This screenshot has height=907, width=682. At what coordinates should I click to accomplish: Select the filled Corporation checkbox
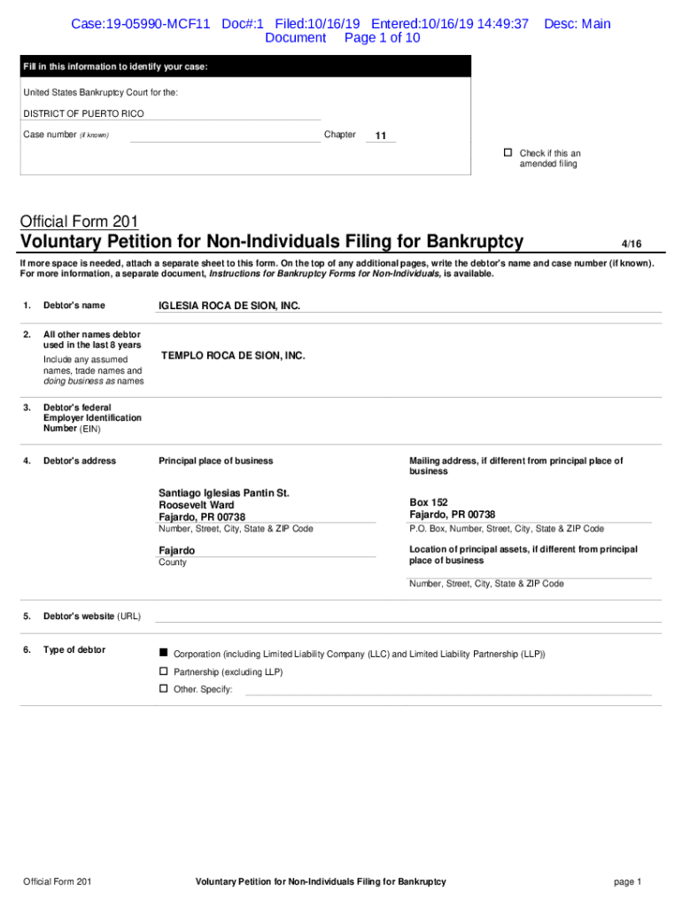[163, 653]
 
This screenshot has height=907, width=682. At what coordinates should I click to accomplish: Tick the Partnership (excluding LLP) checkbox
[163, 671]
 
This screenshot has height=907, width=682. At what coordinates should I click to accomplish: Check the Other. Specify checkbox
[163, 688]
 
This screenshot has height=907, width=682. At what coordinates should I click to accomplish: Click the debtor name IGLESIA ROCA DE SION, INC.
[229, 306]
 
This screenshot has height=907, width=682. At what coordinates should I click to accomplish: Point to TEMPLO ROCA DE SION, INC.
[232, 355]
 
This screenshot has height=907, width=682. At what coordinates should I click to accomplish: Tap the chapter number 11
[380, 136]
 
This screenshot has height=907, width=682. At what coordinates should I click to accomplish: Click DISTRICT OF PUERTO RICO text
[83, 114]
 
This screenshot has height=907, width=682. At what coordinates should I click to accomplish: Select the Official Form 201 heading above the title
[79, 221]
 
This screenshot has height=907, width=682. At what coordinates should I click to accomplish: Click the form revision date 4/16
[631, 243]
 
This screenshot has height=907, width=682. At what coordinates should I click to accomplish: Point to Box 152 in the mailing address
[428, 502]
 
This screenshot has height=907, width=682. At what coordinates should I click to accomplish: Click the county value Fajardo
[176, 551]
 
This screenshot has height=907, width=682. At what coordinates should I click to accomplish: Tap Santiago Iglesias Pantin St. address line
[224, 492]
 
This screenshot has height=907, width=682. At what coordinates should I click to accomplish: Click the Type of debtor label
[74, 650]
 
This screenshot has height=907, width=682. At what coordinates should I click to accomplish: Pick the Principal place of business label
[215, 461]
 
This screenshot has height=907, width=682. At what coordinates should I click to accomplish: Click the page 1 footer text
[626, 881]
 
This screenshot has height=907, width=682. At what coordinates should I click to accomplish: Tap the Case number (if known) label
[66, 135]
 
